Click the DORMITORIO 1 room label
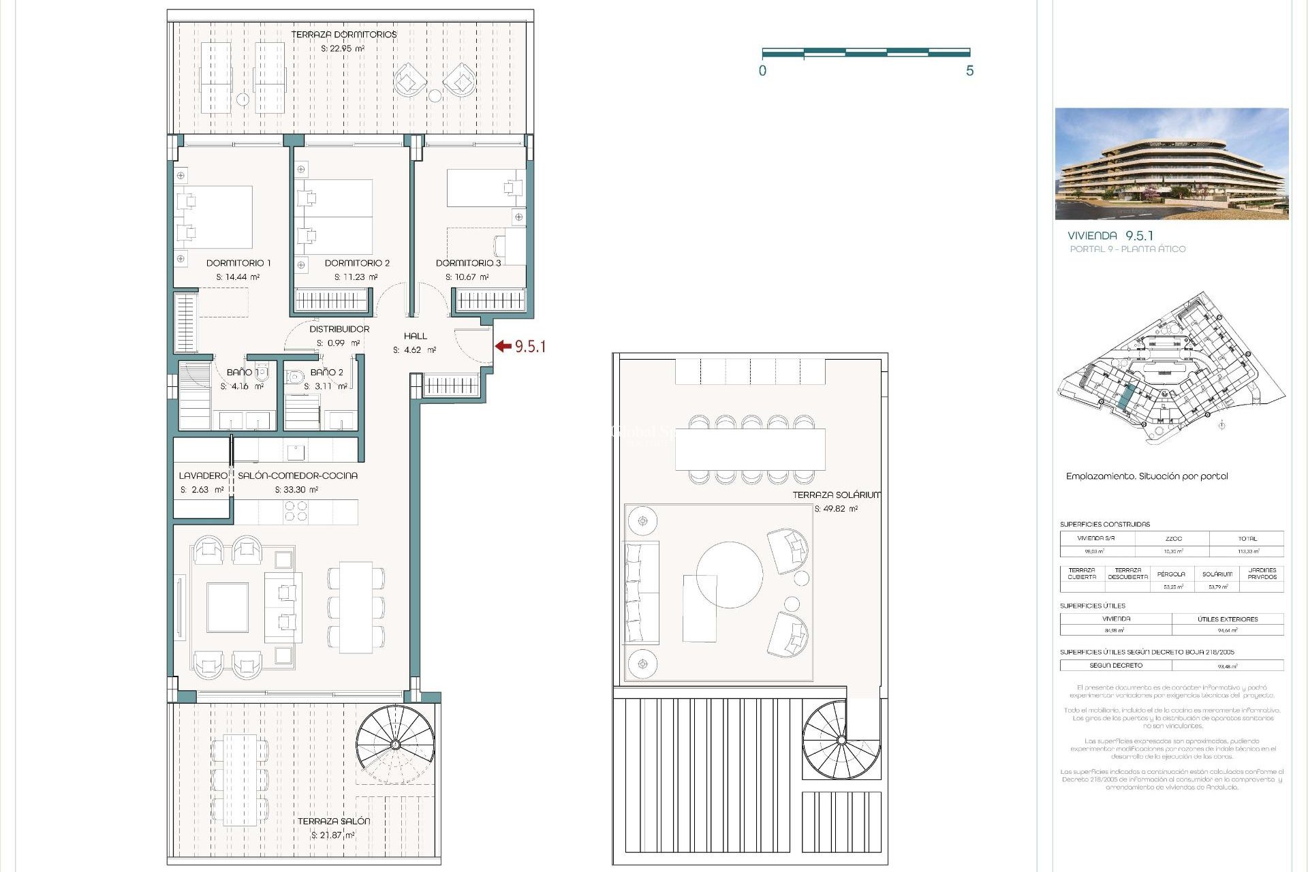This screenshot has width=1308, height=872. pos(238,263)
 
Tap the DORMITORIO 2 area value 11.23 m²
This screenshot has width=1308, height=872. pos(356,277)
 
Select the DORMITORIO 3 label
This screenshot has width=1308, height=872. pos(468,263)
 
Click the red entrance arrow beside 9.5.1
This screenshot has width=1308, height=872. pos(503,346)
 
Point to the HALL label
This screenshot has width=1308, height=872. pos(415,336)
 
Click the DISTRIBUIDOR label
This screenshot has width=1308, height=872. pos(339,329)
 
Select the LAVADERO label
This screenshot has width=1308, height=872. pos(202,476)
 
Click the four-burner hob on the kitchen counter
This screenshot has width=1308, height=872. pos(295,511)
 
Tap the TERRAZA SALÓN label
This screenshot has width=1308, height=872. pos(334,822)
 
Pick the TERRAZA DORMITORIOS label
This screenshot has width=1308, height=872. pos(343,35)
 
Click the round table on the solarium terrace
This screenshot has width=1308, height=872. pos(730,574)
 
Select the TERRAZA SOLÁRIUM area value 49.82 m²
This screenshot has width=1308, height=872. pos(836,509)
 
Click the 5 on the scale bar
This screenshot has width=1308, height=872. pos(969,71)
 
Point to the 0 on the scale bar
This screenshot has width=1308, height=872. pos(762,71)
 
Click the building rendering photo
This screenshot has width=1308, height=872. pos(1171,163)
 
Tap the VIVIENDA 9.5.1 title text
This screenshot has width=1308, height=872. pos(1110,236)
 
